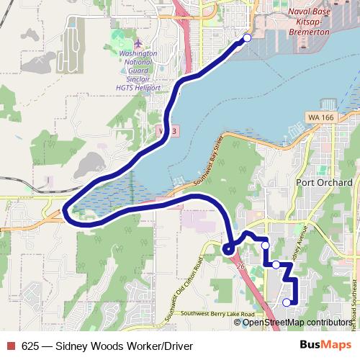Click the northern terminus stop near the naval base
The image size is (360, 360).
coord(248,38)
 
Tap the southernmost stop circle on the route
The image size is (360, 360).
coord(287,302)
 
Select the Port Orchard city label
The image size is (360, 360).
coord(323,182)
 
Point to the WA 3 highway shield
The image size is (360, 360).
coord(166,130)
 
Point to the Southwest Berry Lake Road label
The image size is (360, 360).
coord(218,315)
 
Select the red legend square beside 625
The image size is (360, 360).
coord(12,346)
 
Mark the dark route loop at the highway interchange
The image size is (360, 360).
coord(228,249)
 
